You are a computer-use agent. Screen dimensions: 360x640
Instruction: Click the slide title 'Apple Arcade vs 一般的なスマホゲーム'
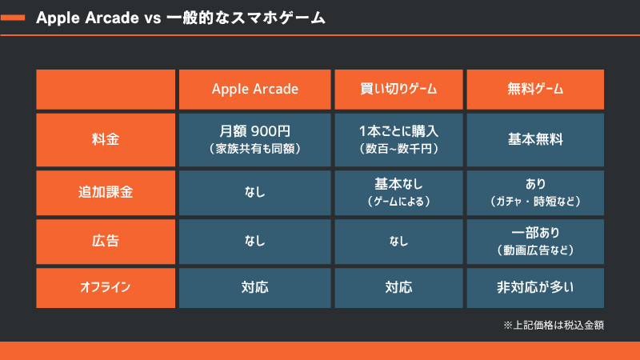click(181, 18)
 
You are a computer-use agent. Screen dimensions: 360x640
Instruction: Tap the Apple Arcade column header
click(254, 90)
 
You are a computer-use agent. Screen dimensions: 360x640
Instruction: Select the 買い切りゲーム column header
click(398, 90)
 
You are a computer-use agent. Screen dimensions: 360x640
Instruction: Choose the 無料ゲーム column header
click(535, 90)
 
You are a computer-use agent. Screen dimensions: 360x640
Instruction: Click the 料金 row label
click(105, 139)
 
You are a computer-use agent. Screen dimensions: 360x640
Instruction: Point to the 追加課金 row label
click(105, 192)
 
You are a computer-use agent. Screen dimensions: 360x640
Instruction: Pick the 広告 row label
click(105, 240)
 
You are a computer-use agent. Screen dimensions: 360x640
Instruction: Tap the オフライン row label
click(105, 286)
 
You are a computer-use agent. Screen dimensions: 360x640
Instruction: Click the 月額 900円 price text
click(254, 131)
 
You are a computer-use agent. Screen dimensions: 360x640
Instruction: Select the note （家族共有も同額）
click(254, 149)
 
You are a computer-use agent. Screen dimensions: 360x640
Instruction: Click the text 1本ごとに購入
click(398, 131)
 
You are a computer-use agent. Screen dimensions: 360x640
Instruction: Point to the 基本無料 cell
click(535, 139)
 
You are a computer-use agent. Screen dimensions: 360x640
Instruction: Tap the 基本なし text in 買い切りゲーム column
click(398, 183)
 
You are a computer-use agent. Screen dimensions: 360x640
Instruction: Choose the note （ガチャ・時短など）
click(535, 201)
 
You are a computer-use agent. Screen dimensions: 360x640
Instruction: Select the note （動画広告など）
click(535, 250)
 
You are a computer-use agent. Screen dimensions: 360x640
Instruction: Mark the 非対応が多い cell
click(535, 286)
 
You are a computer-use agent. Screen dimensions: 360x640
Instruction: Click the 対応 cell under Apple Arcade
click(254, 286)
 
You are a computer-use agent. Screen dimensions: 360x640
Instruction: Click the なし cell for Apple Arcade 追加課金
click(254, 192)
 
